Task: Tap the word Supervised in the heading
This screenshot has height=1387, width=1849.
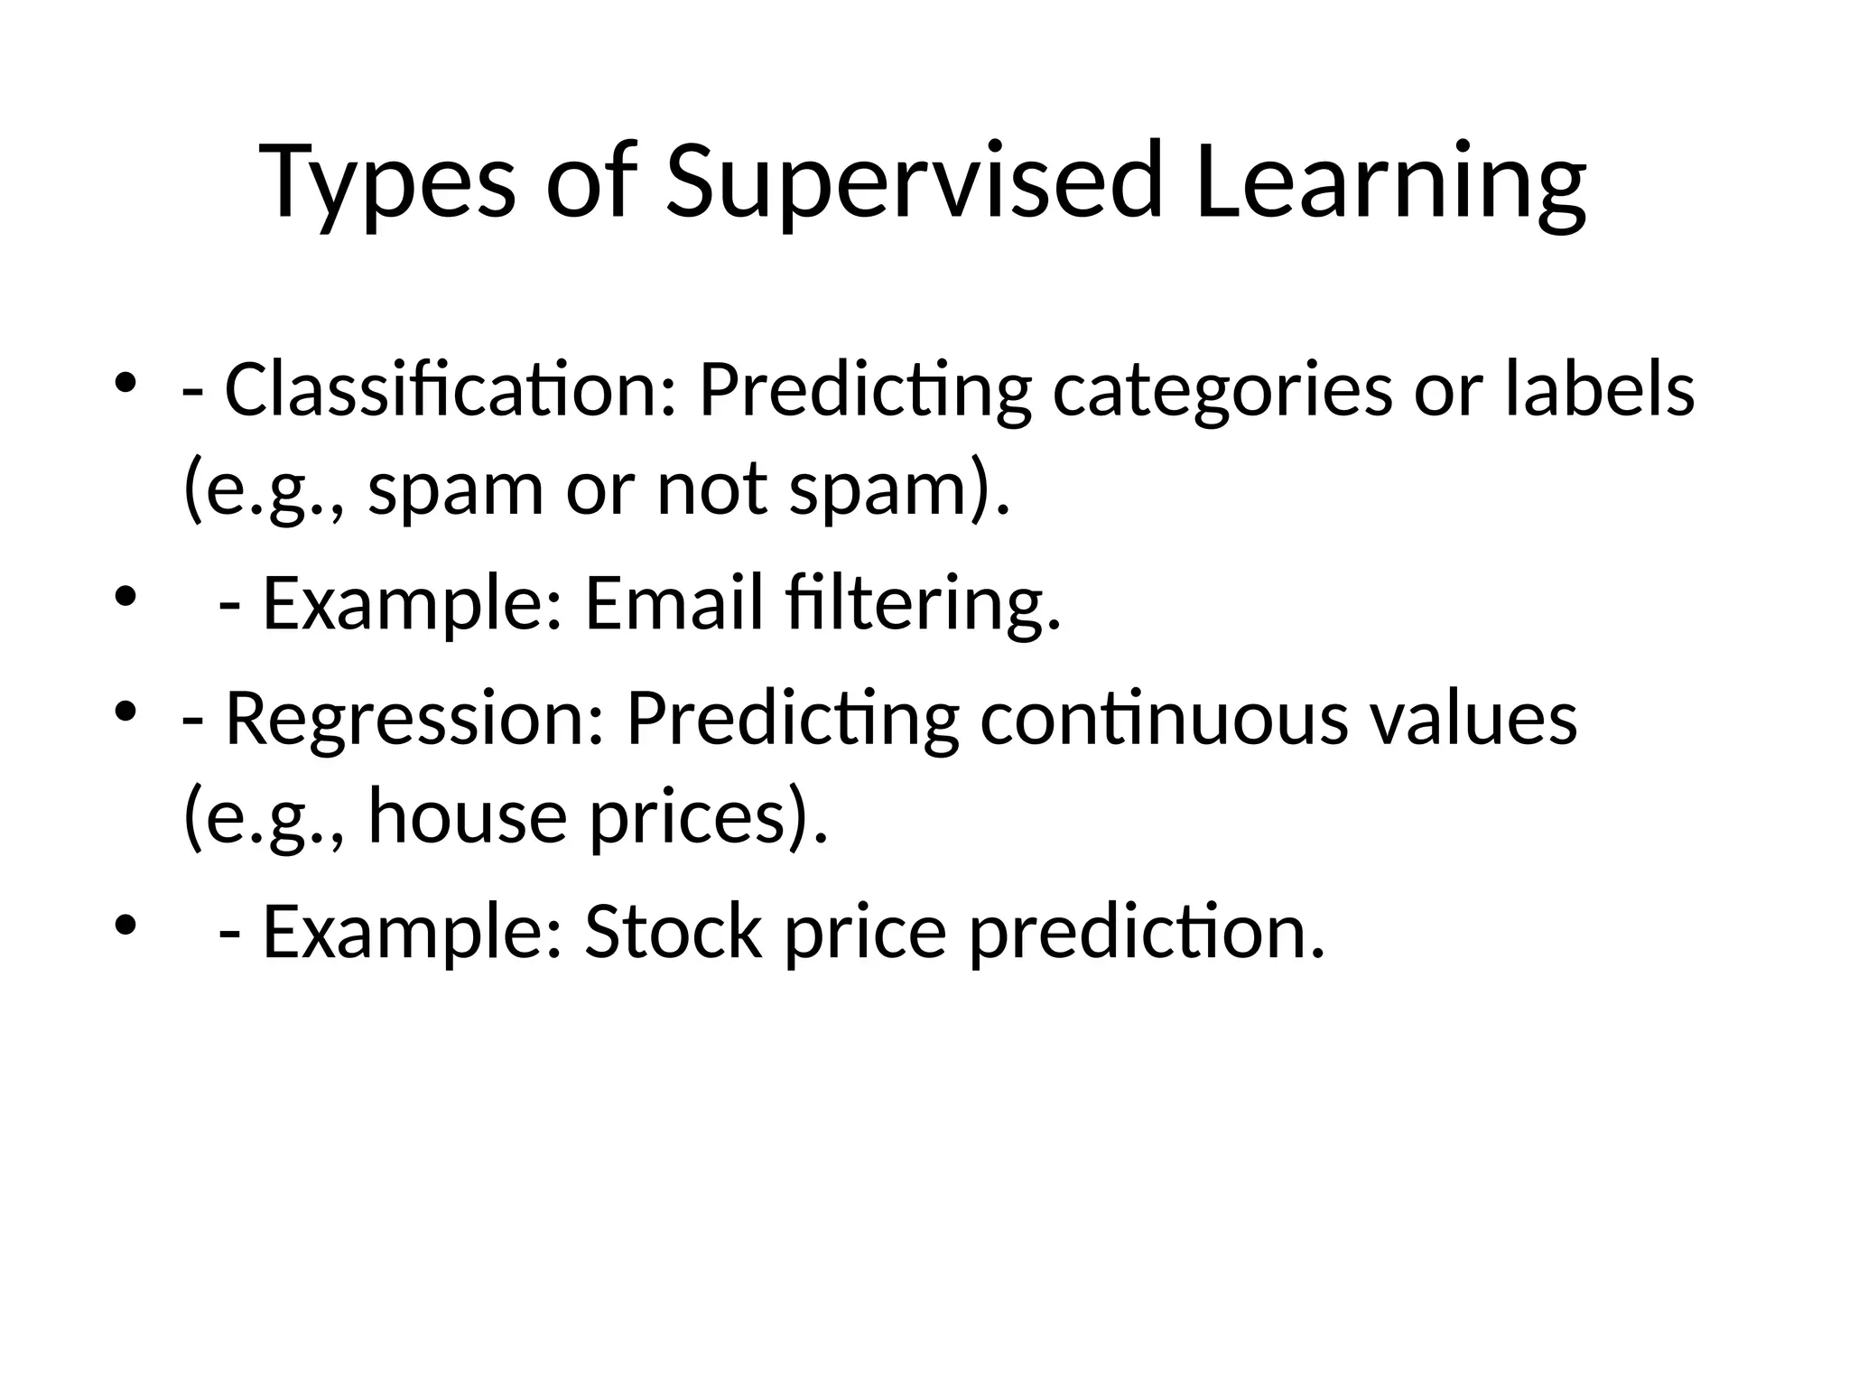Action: pyautogui.click(x=913, y=183)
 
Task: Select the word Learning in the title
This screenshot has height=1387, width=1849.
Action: pyautogui.click(x=1389, y=183)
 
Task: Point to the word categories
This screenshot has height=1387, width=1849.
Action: pyautogui.click(x=1222, y=390)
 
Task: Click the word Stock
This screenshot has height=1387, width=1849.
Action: pyautogui.click(x=673, y=932)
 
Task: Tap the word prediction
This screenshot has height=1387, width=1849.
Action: pyautogui.click(x=1147, y=932)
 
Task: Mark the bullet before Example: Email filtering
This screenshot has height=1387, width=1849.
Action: pyautogui.click(x=125, y=595)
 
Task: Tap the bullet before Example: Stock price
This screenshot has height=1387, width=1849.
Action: pyautogui.click(x=125, y=924)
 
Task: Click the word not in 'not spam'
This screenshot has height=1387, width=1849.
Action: pyautogui.click(x=712, y=489)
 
